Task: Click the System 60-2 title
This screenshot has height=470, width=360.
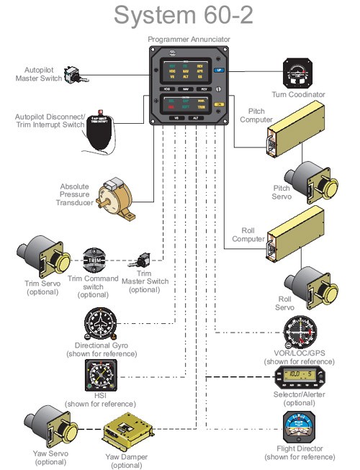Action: (179, 15)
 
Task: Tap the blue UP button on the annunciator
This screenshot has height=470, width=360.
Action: (219, 71)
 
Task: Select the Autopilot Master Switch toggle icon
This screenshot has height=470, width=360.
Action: (73, 73)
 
